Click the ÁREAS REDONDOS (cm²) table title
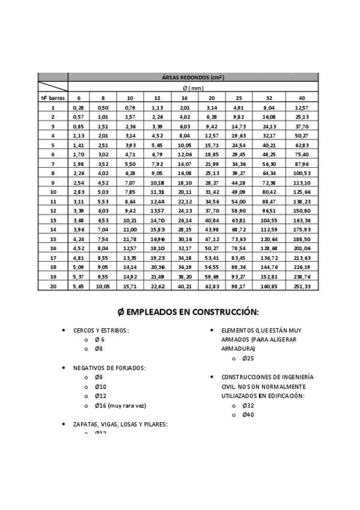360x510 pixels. pyautogui.click(x=193, y=77)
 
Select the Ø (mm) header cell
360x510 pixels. pyautogui.click(x=193, y=87)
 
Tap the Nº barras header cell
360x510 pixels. pyautogui.click(x=52, y=97)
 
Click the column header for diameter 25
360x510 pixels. pyautogui.click(x=239, y=97)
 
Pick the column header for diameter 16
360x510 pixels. pyautogui.click(x=184, y=97)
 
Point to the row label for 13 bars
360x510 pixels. pyautogui.click(x=53, y=220)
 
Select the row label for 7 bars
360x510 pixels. pyautogui.click(x=53, y=164)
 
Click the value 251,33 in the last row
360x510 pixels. pyautogui.click(x=302, y=286)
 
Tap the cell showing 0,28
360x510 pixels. pyautogui.click(x=78, y=107)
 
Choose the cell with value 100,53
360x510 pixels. pyautogui.click(x=302, y=173)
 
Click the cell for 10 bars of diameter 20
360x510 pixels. pyautogui.click(x=212, y=192)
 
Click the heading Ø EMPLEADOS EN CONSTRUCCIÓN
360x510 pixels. pyautogui.click(x=188, y=312)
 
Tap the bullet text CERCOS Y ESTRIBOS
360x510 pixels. pyautogui.click(x=101, y=330)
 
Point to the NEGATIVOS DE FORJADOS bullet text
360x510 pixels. pyautogui.click(x=109, y=367)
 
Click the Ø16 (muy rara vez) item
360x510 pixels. pyautogui.click(x=120, y=405)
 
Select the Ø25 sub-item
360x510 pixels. pyautogui.click(x=248, y=358)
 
